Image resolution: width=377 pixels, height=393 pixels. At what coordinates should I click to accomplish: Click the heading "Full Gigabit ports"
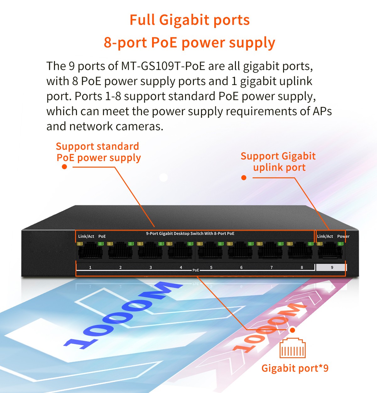click(189, 20)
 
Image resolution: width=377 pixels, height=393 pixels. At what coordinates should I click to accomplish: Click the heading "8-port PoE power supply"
click(189, 43)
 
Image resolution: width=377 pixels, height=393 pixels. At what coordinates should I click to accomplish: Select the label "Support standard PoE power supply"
click(98, 152)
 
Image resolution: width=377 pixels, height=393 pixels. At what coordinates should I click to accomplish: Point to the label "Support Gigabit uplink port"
click(278, 162)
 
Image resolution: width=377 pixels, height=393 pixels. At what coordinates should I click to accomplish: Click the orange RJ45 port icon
click(292, 348)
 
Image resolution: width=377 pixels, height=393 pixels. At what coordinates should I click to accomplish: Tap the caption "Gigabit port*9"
click(295, 368)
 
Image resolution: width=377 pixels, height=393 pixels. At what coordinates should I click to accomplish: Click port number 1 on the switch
click(90, 267)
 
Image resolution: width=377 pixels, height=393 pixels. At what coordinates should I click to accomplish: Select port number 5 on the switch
click(211, 267)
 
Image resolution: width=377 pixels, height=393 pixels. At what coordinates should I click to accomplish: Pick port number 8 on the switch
click(302, 267)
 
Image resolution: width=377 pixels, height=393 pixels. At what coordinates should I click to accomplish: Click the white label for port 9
click(331, 267)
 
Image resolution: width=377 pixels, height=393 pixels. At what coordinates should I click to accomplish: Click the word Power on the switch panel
click(343, 236)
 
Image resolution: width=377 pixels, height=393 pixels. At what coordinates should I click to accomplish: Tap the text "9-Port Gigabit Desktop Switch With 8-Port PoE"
click(190, 234)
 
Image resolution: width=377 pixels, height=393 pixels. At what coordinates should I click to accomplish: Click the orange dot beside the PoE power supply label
click(64, 167)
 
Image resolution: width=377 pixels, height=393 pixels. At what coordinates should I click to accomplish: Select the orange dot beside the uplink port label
click(243, 178)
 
